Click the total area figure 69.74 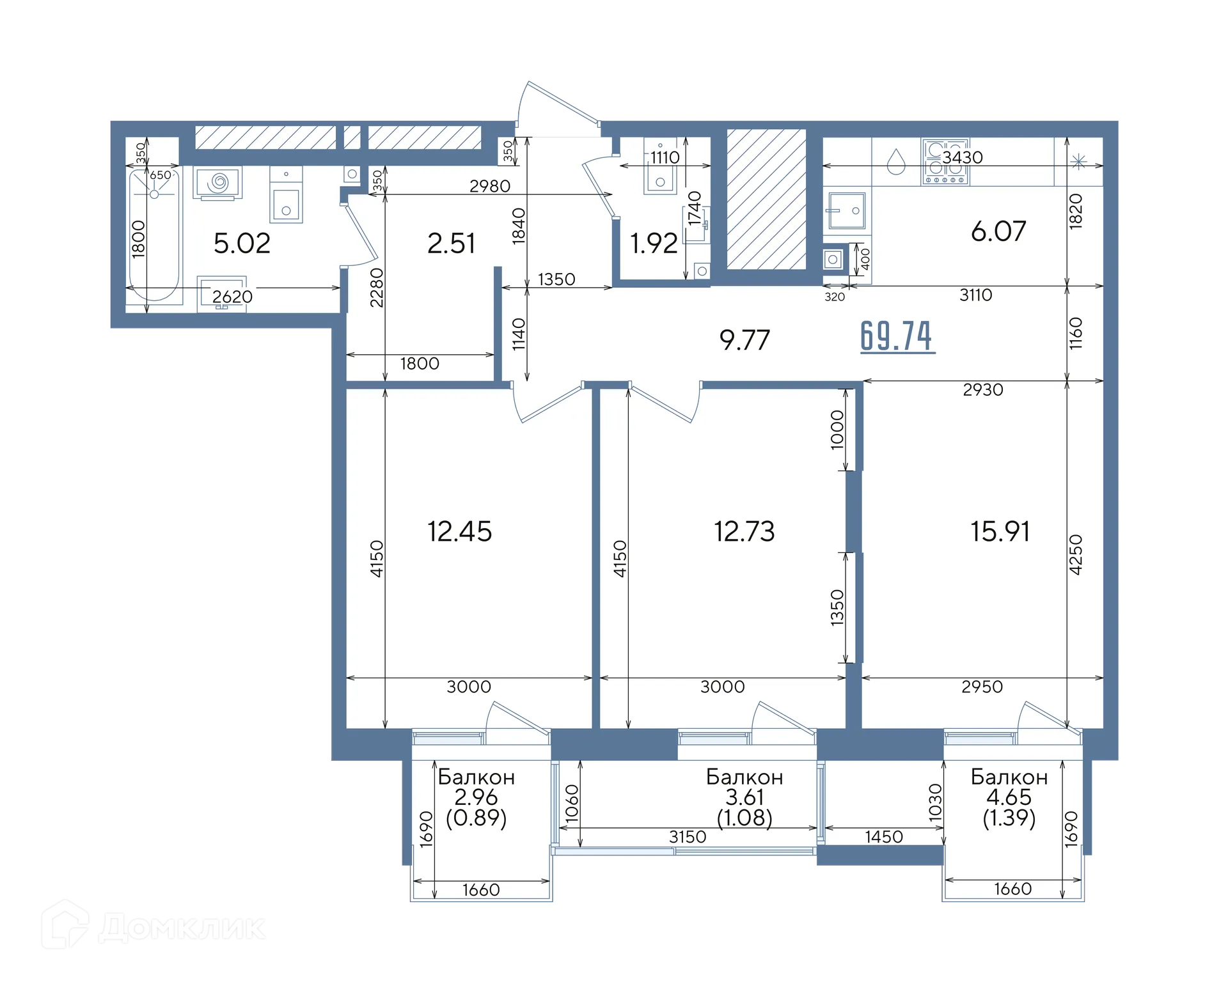click(x=897, y=336)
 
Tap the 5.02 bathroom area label click(x=242, y=244)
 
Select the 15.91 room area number click(x=1000, y=531)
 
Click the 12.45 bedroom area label click(x=459, y=531)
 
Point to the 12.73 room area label click(x=744, y=531)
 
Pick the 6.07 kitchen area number click(x=998, y=231)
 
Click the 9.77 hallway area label click(x=744, y=340)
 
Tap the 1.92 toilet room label click(x=654, y=244)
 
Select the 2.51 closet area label click(x=451, y=244)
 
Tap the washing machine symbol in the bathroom click(x=218, y=183)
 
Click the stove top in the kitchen click(x=945, y=162)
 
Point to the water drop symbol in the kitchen click(x=896, y=162)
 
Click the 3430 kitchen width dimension click(x=963, y=157)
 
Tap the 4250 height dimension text click(x=1076, y=554)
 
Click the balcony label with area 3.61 click(x=744, y=797)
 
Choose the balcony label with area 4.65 click(x=1009, y=797)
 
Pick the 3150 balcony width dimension click(x=688, y=837)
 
